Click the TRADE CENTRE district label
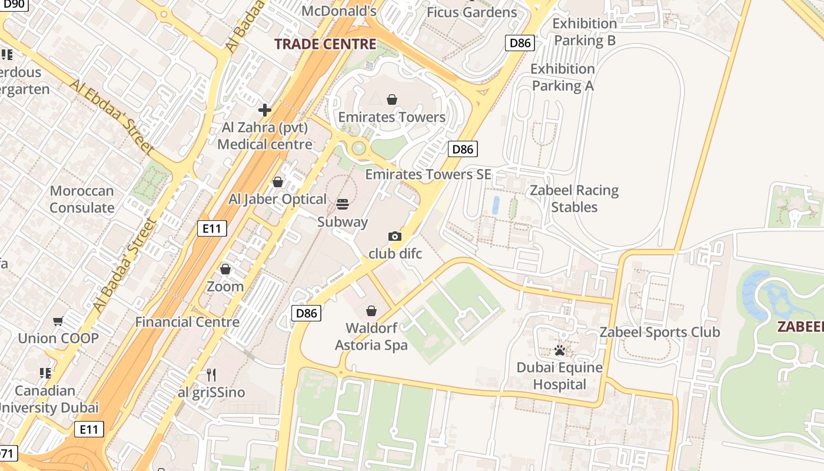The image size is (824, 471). (x=325, y=44)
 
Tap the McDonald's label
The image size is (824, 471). (x=338, y=11)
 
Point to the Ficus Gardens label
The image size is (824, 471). (x=471, y=12)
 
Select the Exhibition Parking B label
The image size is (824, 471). (x=584, y=32)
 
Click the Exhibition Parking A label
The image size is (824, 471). (x=563, y=77)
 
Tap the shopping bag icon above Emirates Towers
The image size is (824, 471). (x=392, y=99)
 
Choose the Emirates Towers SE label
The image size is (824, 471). (x=428, y=174)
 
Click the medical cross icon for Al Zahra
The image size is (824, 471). (x=265, y=110)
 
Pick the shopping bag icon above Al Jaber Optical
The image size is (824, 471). (x=277, y=182)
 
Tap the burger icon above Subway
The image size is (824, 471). (x=343, y=204)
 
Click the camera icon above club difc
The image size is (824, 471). (x=395, y=236)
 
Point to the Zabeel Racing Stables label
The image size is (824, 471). (x=574, y=198)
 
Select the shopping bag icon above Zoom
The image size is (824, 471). (x=225, y=269)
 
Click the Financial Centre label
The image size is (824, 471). (x=187, y=322)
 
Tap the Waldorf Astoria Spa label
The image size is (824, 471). (x=371, y=336)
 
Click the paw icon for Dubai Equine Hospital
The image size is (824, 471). (x=559, y=350)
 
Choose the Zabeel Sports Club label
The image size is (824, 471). (x=659, y=332)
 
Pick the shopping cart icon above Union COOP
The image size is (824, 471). (x=58, y=321)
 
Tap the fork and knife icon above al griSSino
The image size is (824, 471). (x=211, y=374)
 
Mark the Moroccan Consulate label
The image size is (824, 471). (x=82, y=199)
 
